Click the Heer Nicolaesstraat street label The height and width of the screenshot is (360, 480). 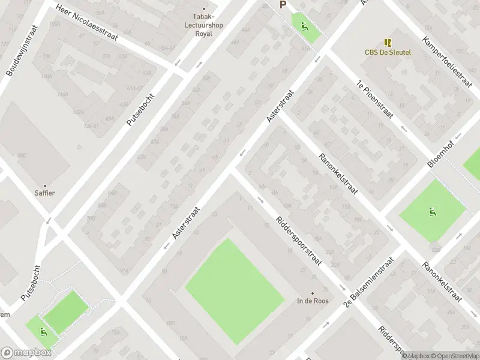[86, 23]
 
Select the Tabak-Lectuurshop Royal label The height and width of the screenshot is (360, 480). [204, 25]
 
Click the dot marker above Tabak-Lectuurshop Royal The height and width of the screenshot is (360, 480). [204, 8]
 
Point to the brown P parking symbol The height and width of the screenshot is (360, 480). [283, 5]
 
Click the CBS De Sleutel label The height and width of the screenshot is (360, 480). [388, 52]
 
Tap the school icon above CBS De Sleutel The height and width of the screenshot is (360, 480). [388, 42]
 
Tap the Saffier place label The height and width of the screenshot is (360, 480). [44, 193]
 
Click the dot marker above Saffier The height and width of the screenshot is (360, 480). [44, 185]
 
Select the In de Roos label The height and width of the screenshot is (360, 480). [313, 301]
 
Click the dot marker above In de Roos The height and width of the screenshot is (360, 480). [313, 293]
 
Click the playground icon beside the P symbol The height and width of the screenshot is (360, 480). [305, 26]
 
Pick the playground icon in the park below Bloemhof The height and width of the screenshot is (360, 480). [432, 211]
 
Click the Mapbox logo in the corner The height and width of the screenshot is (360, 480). [26, 353]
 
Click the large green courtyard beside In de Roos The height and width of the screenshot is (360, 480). [234, 291]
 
